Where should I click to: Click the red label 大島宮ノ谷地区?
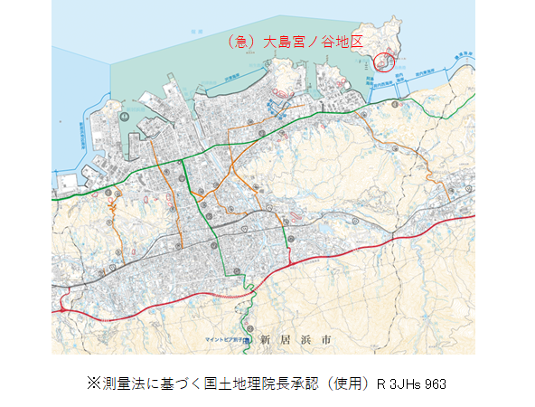tap(313, 41)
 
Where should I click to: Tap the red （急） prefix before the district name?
tap(243, 41)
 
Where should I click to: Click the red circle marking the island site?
tap(384, 61)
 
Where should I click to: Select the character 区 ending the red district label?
tap(360, 41)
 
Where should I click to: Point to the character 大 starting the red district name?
tap(269, 41)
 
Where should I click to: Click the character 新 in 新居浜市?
tap(265, 340)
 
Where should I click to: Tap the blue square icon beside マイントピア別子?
tap(254, 339)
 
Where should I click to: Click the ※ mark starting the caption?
tap(91, 383)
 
